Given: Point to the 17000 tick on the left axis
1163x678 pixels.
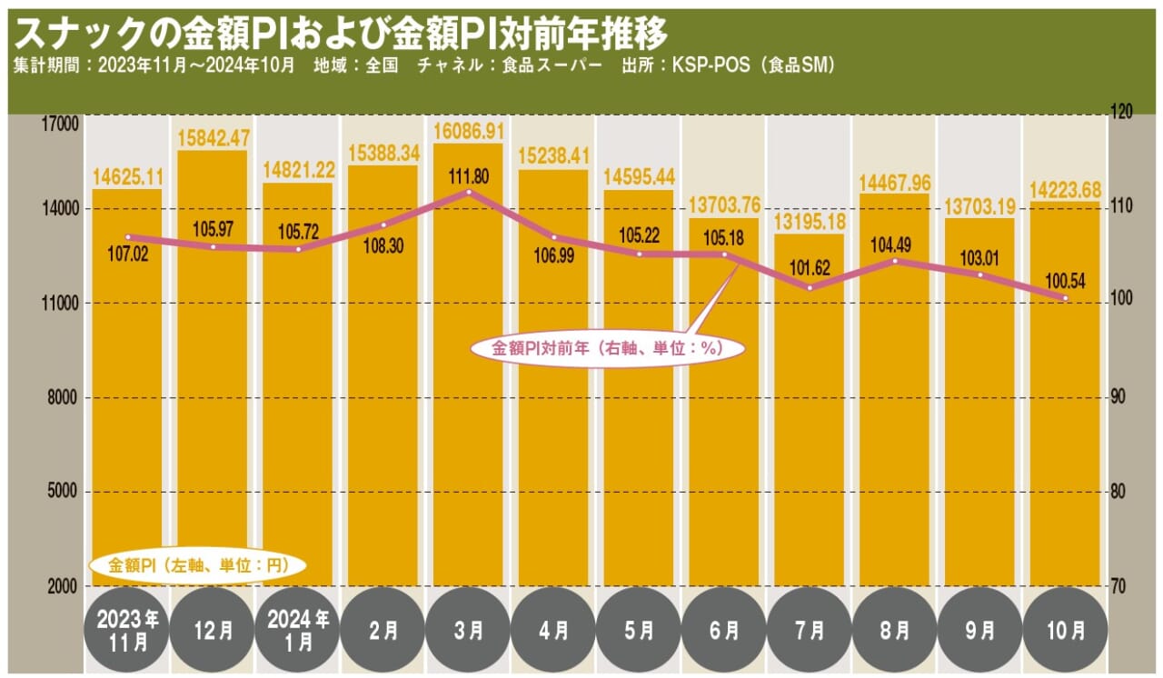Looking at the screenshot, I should (x=63, y=124).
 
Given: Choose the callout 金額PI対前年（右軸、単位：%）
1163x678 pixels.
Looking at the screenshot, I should (x=607, y=348).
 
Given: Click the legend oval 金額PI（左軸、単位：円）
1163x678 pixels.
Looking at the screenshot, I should (x=197, y=565).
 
